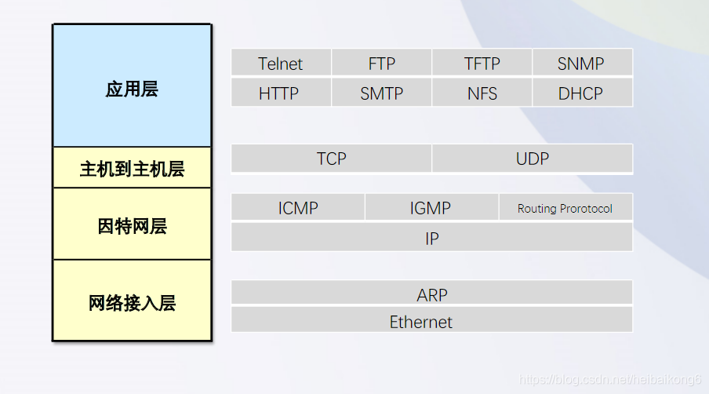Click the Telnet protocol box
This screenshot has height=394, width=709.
pyautogui.click(x=281, y=64)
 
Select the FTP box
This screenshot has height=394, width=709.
pyautogui.click(x=381, y=64)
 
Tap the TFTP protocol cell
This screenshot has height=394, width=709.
pyautogui.click(x=482, y=64)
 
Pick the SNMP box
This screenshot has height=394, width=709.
pyautogui.click(x=581, y=64)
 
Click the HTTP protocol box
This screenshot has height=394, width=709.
pyautogui.click(x=281, y=93)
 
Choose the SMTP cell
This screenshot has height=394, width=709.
pyautogui.click(x=381, y=93)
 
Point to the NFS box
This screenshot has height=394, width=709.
pyautogui.click(x=482, y=93)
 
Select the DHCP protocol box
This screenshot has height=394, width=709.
pyautogui.click(x=581, y=93)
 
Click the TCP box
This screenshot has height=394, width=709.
pyautogui.click(x=331, y=159)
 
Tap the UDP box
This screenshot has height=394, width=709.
pyautogui.click(x=532, y=159)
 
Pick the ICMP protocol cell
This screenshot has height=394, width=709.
pyautogui.click(x=298, y=208)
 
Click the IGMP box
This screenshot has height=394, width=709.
pyautogui.click(x=431, y=208)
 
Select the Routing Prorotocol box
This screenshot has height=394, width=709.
pyautogui.click(x=565, y=208)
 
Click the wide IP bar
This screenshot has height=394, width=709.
pyautogui.click(x=431, y=238)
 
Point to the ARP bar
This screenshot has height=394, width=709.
pyautogui.click(x=431, y=294)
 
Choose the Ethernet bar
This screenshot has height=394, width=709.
pyautogui.click(x=431, y=321)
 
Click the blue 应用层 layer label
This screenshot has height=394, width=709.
pyautogui.click(x=132, y=88)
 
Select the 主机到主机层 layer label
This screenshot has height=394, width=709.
pyautogui.click(x=132, y=168)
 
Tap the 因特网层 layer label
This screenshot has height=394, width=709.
pyautogui.click(x=132, y=225)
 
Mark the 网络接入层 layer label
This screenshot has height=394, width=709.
pyautogui.click(x=132, y=302)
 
